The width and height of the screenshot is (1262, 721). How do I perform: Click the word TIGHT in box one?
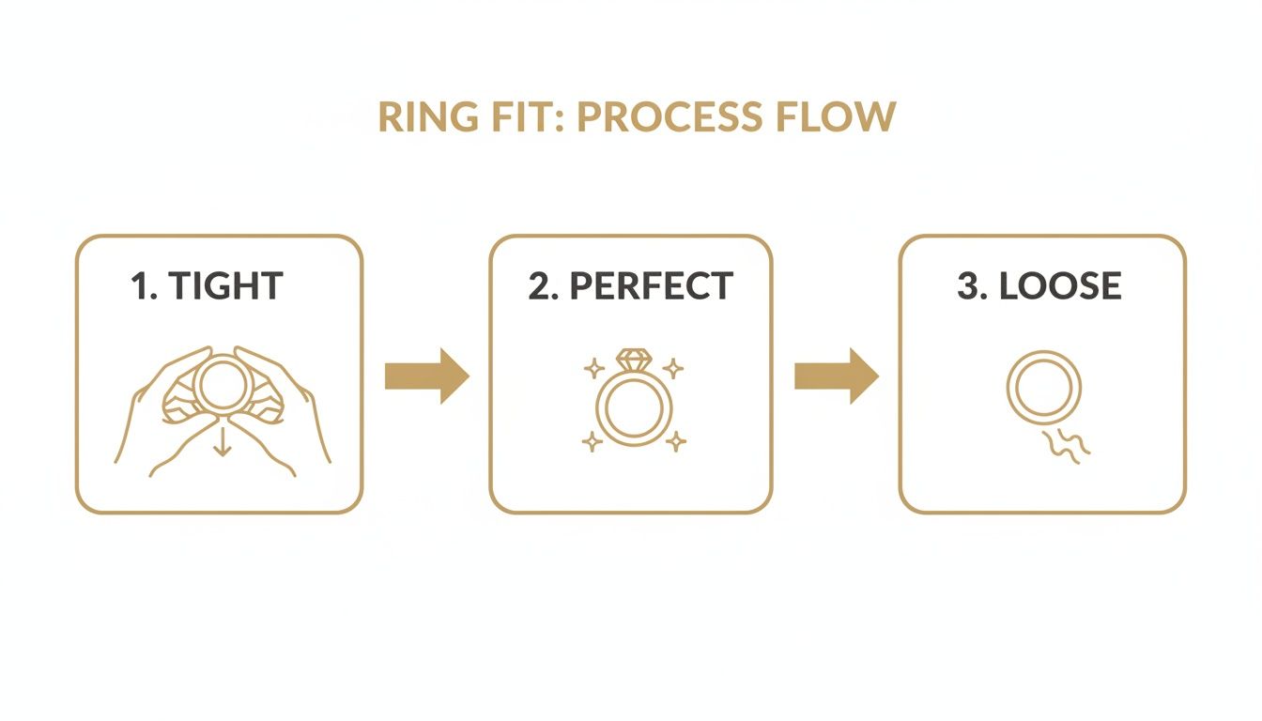226,286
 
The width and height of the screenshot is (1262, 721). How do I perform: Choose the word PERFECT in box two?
651,286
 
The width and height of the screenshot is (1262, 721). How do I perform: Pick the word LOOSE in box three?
1061,286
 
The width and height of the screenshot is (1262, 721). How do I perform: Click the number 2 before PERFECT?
541,286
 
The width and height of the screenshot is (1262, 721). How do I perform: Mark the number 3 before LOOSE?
968,286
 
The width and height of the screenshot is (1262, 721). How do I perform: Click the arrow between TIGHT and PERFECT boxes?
426,376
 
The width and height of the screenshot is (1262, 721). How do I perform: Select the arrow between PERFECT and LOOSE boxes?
836,376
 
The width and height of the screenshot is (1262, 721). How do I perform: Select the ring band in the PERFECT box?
634,410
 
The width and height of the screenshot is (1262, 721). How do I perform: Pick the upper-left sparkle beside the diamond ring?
593,368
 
